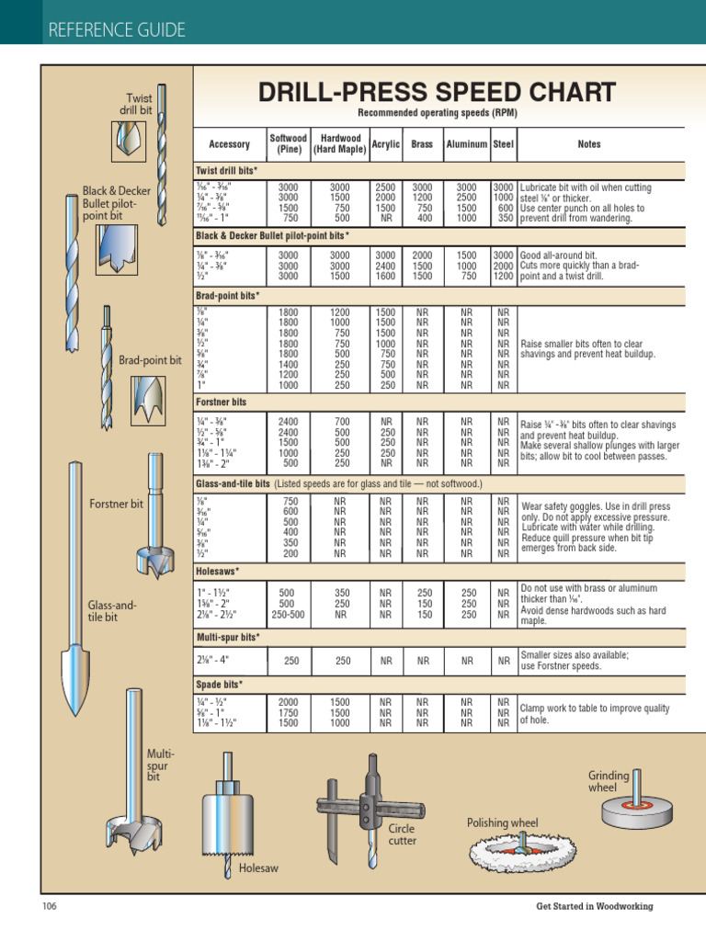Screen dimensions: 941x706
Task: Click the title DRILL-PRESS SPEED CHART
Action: tap(437, 92)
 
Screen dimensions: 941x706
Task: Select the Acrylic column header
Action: tap(386, 144)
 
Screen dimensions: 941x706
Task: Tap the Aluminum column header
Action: tap(466, 144)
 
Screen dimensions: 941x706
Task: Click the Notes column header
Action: tap(588, 144)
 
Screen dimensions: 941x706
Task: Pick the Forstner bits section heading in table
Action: tap(222, 402)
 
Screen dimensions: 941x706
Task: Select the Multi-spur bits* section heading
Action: tap(228, 636)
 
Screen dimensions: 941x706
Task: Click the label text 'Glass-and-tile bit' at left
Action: tap(111, 611)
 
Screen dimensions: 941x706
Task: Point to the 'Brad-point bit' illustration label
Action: tap(151, 361)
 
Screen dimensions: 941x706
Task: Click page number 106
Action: tap(50, 906)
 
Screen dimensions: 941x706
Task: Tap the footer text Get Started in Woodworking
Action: tap(594, 906)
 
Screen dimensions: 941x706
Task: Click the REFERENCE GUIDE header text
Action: tap(116, 30)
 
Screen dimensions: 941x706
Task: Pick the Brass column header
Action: tap(422, 144)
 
